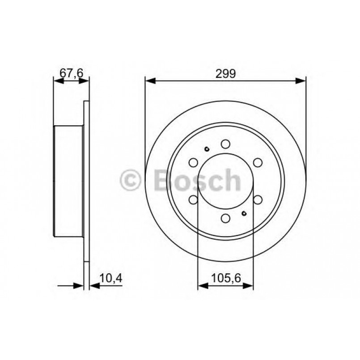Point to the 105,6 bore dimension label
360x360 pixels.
pyautogui.click(x=225, y=278)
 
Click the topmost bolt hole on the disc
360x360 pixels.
pyautogui.click(x=225, y=144)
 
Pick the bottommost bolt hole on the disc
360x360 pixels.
pyautogui.click(x=225, y=218)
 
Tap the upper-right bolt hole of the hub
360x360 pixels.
pyautogui.click(x=258, y=162)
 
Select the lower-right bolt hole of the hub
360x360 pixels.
pyautogui.click(x=258, y=199)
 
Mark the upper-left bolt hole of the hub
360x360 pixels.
pyautogui.click(x=193, y=162)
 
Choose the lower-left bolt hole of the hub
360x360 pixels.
pyautogui.click(x=193, y=199)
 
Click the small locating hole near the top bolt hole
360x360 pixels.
pyautogui.click(x=207, y=149)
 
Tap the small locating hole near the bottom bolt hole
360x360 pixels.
pyautogui.click(x=244, y=213)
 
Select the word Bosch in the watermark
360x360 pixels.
pyautogui.click(x=197, y=180)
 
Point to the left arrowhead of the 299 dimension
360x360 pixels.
pyautogui.click(x=148, y=81)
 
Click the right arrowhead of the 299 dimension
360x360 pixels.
pyautogui.click(x=302, y=81)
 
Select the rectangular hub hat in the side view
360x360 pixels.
pyautogui.click(x=68, y=181)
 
